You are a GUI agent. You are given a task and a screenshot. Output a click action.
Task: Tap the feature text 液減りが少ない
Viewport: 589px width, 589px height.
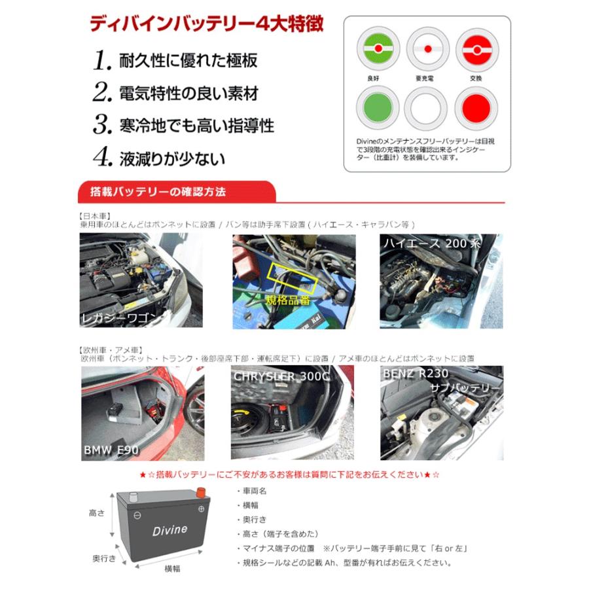click(172, 158)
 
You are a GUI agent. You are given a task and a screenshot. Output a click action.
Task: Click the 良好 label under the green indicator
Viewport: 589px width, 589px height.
click(372, 77)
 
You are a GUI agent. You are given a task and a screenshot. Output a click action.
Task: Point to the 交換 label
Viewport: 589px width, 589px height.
click(476, 77)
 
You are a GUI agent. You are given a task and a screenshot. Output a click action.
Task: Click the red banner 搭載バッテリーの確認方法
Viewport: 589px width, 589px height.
click(161, 192)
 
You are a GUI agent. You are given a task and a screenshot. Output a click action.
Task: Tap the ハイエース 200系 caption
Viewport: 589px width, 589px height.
click(442, 243)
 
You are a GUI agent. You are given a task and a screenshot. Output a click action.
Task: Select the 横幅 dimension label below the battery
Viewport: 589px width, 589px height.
click(172, 569)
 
